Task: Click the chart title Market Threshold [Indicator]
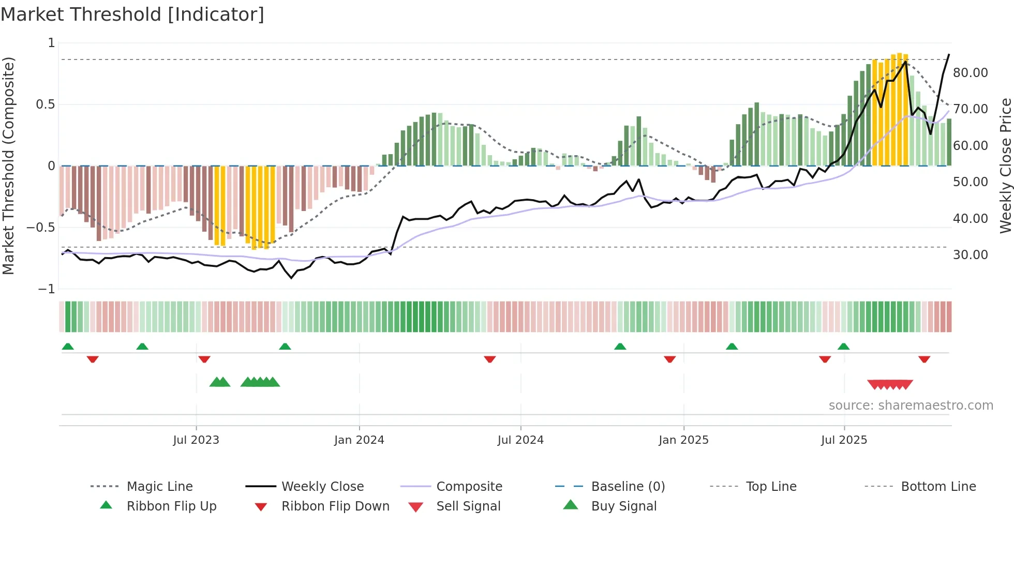[132, 14]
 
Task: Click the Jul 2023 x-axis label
[196, 440]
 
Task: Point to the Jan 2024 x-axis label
[359, 440]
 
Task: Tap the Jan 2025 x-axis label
[683, 440]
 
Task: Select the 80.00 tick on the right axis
[971, 73]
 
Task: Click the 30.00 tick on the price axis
[971, 255]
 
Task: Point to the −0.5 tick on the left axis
[41, 228]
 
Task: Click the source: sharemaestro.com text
[911, 406]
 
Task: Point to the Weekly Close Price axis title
[1005, 166]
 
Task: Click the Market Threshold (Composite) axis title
[8, 166]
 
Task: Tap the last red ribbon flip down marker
[924, 359]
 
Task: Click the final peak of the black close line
[949, 54]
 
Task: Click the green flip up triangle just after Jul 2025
[843, 347]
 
